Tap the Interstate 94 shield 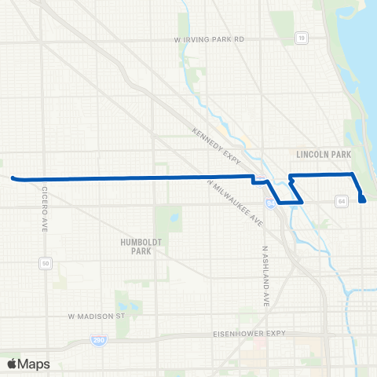tap(270, 203)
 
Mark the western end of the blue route tap(13, 178)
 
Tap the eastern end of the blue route tap(363, 200)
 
